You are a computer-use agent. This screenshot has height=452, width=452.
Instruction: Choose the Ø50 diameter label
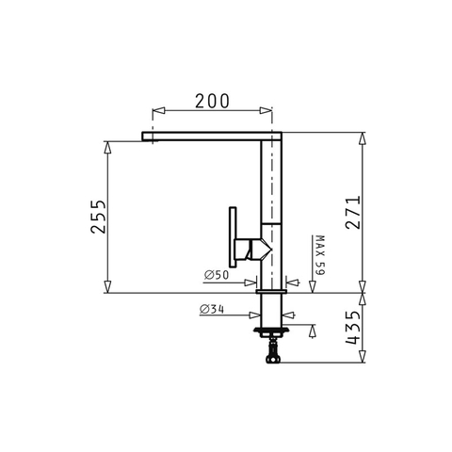pyautogui.click(x=217, y=275)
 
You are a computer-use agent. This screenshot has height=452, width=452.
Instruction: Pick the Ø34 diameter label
pyautogui.click(x=213, y=309)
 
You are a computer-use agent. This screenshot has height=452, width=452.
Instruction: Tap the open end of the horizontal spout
pyautogui.click(x=144, y=136)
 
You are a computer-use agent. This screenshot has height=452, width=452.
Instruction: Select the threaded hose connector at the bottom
pyautogui.click(x=272, y=352)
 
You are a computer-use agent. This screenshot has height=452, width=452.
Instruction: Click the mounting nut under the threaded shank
pyautogui.click(x=272, y=331)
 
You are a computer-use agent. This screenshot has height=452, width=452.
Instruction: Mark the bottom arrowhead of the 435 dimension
pyautogui.click(x=363, y=359)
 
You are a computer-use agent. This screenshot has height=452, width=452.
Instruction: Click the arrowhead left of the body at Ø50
pyautogui.click(x=254, y=281)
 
